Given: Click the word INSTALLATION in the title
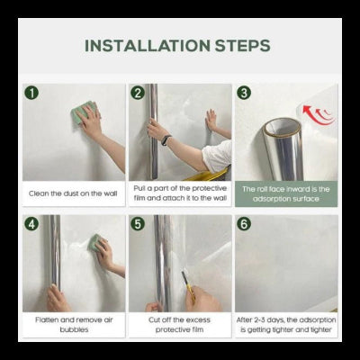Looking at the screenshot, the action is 148,46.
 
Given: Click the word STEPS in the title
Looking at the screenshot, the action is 243,46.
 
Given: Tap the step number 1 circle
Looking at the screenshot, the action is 31,93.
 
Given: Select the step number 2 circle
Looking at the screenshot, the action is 138,93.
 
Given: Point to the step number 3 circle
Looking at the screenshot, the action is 244,93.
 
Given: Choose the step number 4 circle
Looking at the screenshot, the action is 31,224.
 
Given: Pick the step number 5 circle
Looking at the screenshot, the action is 138,224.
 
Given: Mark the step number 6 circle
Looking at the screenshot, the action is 244,224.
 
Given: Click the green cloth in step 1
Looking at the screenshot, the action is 82,113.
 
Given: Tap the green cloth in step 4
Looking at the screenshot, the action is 94,242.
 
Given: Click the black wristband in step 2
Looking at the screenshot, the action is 166,140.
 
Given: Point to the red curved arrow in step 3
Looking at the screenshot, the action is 317,115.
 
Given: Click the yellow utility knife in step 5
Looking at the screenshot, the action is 189,285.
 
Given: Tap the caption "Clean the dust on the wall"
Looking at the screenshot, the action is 73,193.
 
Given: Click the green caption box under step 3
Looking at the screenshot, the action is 286,193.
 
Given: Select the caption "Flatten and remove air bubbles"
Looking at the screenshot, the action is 74,325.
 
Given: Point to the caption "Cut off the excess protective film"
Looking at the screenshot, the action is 179,325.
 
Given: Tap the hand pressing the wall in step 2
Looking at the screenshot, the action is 211,121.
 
